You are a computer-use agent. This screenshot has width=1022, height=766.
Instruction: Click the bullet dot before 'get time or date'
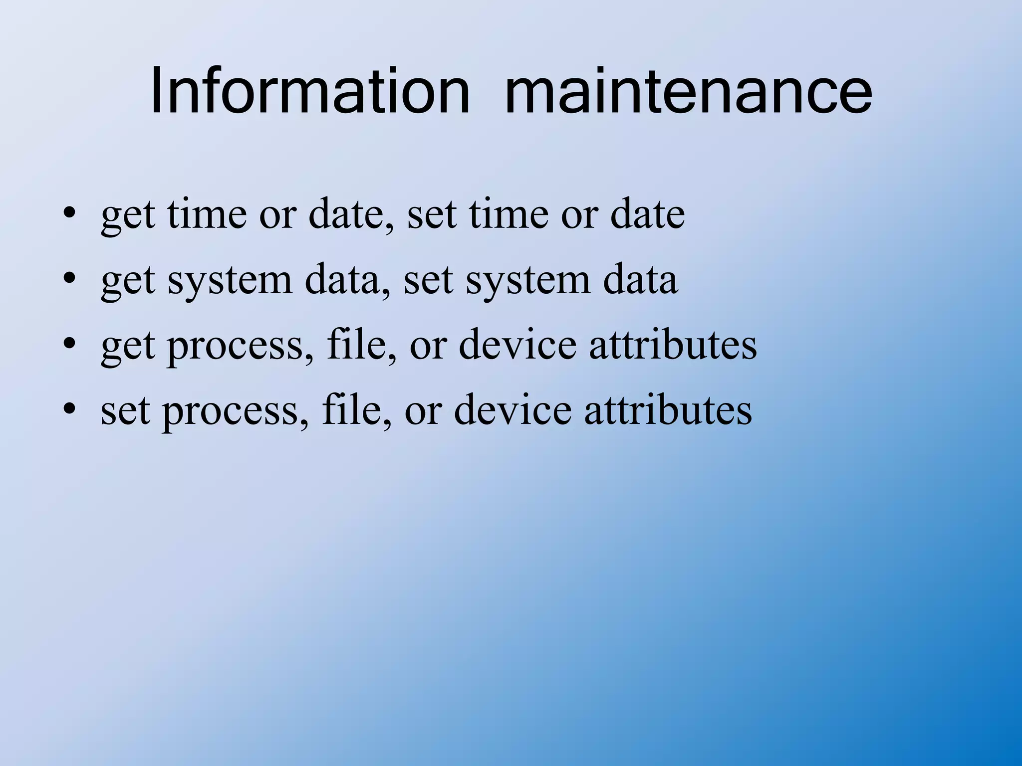tap(69, 215)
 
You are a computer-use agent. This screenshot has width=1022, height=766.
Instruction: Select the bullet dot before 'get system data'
tap(69, 280)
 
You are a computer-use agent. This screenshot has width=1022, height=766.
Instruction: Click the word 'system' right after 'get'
tap(230, 281)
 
